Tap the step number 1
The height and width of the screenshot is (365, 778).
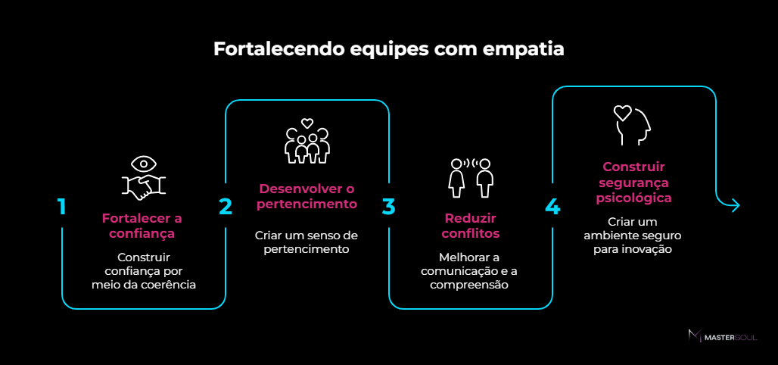[61, 207]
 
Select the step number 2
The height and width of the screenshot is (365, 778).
[226, 207]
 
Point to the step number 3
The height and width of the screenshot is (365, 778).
[388, 207]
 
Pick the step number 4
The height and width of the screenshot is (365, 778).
[552, 207]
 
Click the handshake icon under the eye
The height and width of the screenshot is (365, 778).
[143, 186]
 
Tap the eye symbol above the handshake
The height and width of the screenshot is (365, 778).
[143, 164]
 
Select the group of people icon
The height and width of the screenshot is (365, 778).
[307, 145]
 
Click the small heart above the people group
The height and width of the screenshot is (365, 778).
[307, 123]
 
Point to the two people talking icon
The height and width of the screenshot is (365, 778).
[470, 178]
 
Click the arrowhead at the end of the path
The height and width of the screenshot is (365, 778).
[736, 205]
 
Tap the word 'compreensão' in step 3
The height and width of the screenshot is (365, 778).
[469, 285]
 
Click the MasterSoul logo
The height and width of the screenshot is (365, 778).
[723, 336]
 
